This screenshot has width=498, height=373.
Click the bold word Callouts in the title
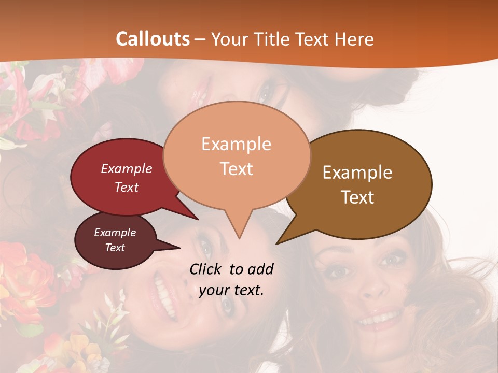153,39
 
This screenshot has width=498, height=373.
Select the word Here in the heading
355,39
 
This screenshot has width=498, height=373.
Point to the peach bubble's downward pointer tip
239,238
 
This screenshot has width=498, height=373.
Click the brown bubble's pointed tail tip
277,243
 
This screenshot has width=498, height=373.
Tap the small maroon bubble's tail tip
179,247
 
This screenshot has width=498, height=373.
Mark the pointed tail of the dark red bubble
197,219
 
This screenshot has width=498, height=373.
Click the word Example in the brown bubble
357,173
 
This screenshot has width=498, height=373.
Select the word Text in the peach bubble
237,169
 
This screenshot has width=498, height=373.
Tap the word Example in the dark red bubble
127,168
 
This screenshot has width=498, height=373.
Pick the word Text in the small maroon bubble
115,248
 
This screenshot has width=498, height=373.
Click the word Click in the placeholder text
206,269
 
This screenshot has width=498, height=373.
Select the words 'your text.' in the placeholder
231,290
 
